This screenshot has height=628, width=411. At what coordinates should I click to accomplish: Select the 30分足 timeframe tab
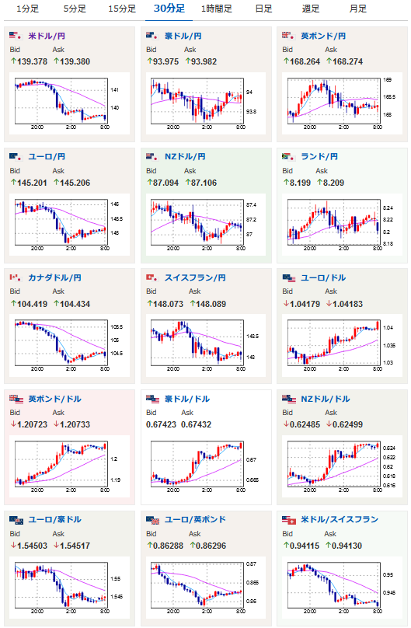pyautogui.click(x=169, y=9)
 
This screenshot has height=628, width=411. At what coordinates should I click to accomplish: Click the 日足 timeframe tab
pyautogui.click(x=263, y=9)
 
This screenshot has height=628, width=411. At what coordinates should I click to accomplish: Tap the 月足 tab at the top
pyautogui.click(x=357, y=9)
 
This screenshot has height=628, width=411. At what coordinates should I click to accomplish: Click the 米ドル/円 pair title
pyautogui.click(x=47, y=36)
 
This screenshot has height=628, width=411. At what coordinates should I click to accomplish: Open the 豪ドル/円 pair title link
pyautogui.click(x=183, y=36)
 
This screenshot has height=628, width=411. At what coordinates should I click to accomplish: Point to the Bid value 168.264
pyautogui.click(x=305, y=61)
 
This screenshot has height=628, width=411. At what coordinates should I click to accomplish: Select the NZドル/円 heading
pyautogui.click(x=185, y=156)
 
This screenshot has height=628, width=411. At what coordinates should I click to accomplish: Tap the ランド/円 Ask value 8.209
pyautogui.click(x=333, y=183)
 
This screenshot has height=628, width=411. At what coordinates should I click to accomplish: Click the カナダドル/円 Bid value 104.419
pyautogui.click(x=32, y=305)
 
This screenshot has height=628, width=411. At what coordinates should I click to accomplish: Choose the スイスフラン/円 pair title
pyautogui.click(x=195, y=277)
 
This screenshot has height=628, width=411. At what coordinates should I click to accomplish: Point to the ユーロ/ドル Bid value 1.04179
pyautogui.click(x=305, y=305)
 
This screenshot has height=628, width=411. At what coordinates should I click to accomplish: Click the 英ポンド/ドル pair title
pyautogui.click(x=55, y=399)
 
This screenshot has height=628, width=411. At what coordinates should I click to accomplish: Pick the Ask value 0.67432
pyautogui.click(x=196, y=425)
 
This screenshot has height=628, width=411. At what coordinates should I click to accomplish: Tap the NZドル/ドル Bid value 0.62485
pyautogui.click(x=305, y=425)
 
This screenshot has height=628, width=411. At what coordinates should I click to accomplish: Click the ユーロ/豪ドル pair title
pyautogui.click(x=55, y=519)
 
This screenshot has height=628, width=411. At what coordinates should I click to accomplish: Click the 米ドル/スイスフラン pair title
pyautogui.click(x=340, y=519)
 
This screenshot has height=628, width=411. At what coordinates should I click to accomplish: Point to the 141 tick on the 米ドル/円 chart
pyautogui.click(x=114, y=90)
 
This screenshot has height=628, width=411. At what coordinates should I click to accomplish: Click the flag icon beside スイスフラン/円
pyautogui.click(x=152, y=277)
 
